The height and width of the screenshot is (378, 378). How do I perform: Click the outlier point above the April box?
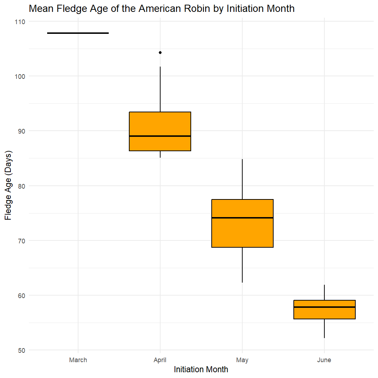160,53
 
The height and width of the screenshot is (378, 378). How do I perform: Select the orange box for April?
160,124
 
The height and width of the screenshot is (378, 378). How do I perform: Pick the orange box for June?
324,313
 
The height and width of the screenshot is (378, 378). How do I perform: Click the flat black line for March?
78,33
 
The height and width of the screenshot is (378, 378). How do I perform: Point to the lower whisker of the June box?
324,328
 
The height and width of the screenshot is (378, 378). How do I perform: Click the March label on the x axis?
78,360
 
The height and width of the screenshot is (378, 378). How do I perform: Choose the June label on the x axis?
324,360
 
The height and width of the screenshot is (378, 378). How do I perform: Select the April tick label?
160,360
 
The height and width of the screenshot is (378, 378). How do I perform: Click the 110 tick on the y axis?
20,22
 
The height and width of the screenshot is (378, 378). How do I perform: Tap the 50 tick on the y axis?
21,350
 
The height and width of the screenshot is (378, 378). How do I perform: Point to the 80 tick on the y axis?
21,186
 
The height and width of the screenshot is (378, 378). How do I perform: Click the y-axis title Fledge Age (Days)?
8,186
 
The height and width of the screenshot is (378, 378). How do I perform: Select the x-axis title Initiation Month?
201,370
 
